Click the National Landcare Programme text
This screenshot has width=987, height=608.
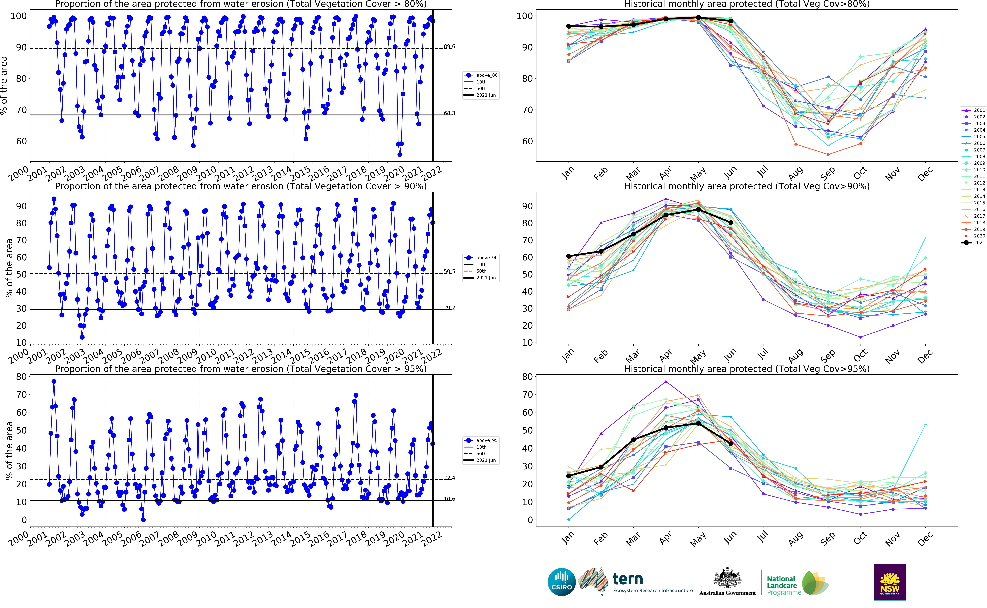[x=781, y=585]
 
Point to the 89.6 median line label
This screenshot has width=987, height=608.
[x=449, y=47]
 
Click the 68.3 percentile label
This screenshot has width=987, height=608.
[x=449, y=113]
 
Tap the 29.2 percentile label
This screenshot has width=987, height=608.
[x=449, y=308]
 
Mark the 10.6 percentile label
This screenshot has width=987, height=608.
[x=449, y=499]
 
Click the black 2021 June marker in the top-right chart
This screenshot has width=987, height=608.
[x=731, y=21]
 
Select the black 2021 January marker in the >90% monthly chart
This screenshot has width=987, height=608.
[x=568, y=256]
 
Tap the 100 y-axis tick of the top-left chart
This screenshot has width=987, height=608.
[x=19, y=16]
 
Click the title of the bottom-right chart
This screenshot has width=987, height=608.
[x=746, y=369]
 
